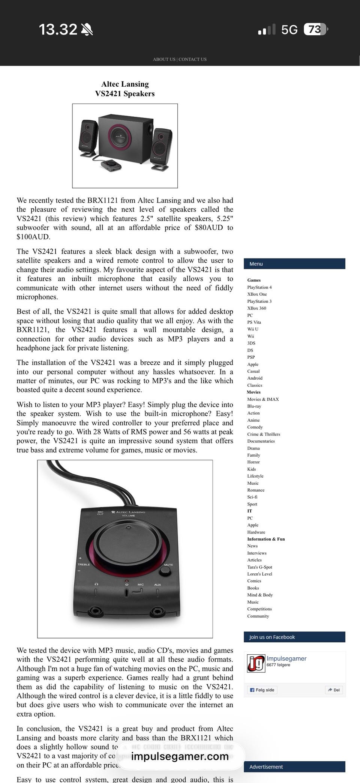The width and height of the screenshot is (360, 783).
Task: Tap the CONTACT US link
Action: (193, 59)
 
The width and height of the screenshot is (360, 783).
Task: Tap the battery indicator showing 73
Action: (315, 29)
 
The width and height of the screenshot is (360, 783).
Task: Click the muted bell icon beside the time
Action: (87, 29)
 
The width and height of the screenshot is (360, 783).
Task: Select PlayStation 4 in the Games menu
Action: (259, 287)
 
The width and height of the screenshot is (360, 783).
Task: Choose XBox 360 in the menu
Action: (256, 308)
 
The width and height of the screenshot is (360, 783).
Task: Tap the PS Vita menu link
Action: (254, 322)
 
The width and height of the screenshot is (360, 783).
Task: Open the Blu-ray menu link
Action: (254, 406)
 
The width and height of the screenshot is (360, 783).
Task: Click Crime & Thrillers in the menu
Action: (263, 434)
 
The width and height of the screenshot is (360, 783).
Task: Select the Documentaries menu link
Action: (261, 441)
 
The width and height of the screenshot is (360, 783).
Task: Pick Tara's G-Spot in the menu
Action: (259, 567)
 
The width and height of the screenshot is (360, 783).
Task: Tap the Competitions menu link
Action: (259, 609)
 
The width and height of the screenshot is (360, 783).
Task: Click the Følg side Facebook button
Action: (262, 690)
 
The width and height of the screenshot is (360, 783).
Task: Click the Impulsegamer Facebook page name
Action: (286, 659)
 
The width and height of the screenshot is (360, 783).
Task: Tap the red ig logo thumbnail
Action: (256, 663)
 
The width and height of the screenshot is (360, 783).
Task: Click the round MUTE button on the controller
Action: (165, 571)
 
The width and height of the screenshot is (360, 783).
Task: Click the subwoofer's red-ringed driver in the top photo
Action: (120, 136)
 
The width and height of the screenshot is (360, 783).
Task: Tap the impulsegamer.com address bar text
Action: (180, 756)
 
